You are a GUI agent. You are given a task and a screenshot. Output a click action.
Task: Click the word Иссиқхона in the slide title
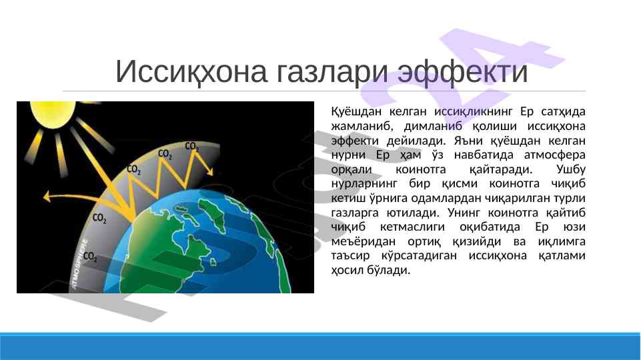(191, 72)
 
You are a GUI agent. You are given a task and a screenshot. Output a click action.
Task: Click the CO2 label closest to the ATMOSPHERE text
(90, 257)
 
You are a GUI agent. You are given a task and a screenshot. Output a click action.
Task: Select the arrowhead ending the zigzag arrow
(209, 171)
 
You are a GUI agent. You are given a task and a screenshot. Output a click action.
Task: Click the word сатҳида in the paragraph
(564, 111)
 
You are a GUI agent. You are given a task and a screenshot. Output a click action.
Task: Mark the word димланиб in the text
(433, 126)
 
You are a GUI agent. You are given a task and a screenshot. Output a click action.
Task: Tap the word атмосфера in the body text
(555, 155)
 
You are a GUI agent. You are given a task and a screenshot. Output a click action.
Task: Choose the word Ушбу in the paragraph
(571, 169)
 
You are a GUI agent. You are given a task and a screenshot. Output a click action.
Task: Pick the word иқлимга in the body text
(562, 242)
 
